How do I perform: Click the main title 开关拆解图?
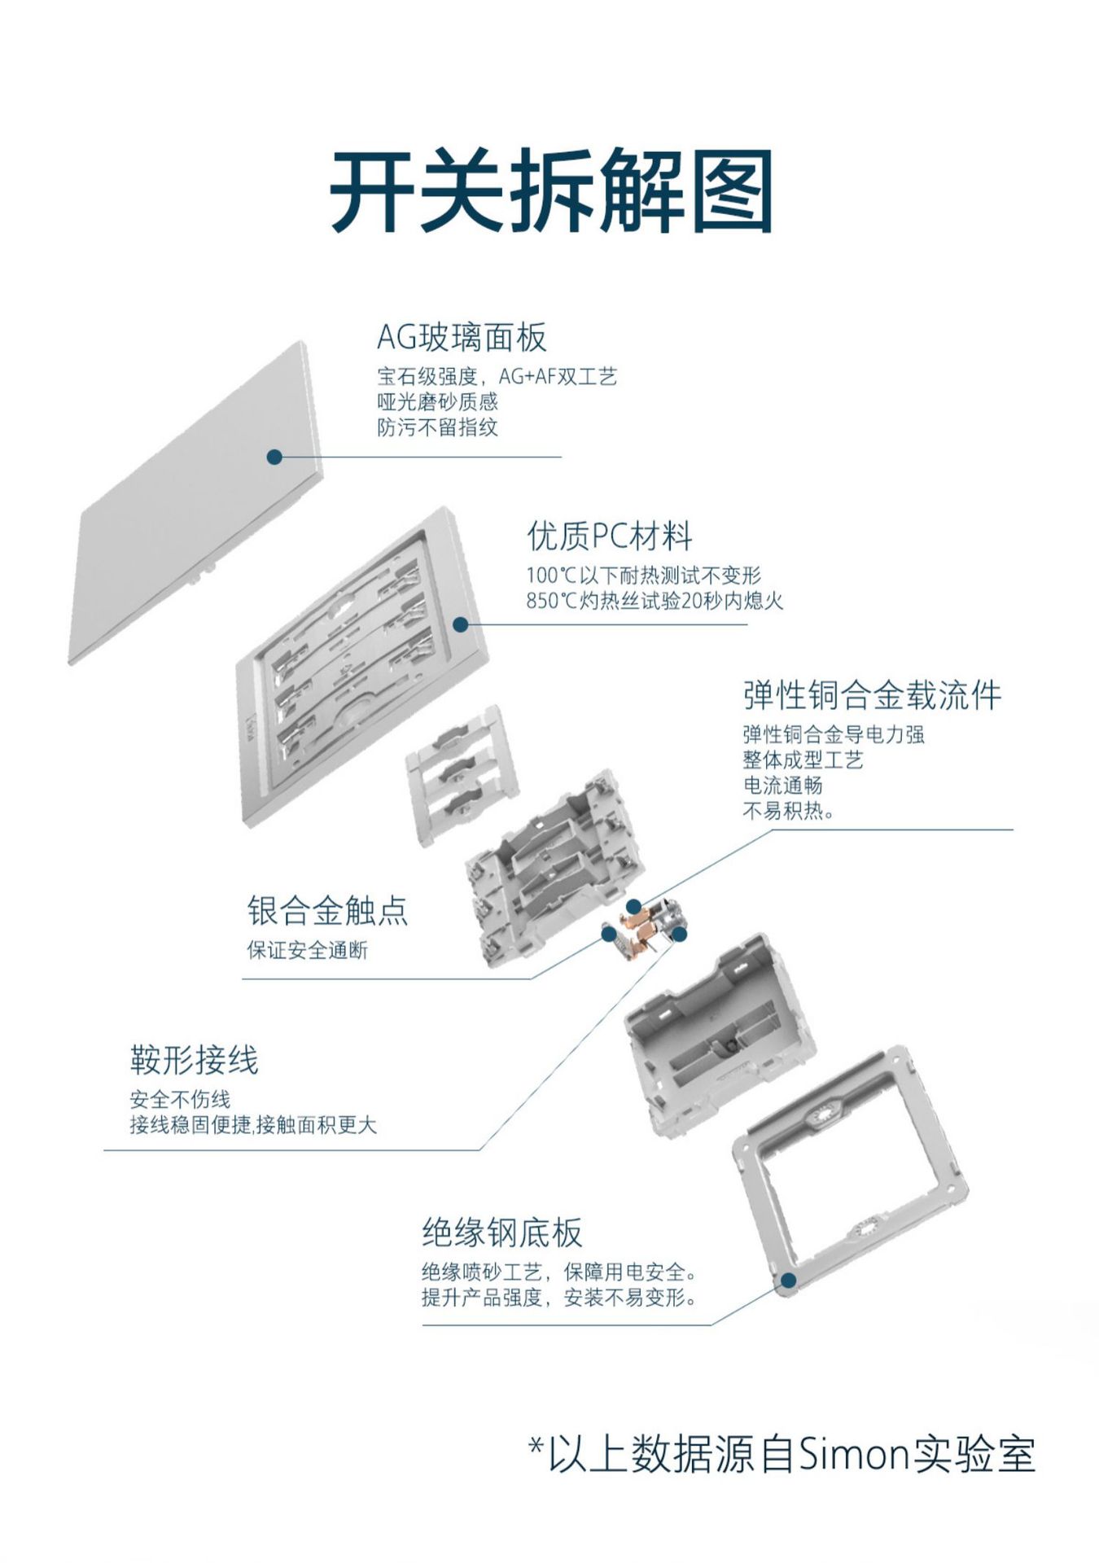(550, 190)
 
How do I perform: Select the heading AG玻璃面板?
(462, 337)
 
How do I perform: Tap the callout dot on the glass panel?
(274, 457)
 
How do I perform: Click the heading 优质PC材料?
(610, 536)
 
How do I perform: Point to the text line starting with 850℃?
(655, 602)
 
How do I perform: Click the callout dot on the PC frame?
(460, 624)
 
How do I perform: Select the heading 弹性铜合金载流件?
(872, 695)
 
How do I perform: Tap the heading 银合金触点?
(327, 910)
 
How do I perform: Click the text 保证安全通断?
(308, 950)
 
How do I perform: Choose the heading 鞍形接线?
(194, 1060)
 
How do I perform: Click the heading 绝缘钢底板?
(502, 1232)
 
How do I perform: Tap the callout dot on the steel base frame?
(788, 1281)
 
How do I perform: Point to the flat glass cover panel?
(195, 505)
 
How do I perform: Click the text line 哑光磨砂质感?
(437, 401)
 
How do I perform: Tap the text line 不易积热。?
(788, 811)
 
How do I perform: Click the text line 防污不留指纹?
(437, 427)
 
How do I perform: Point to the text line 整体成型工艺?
(803, 760)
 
